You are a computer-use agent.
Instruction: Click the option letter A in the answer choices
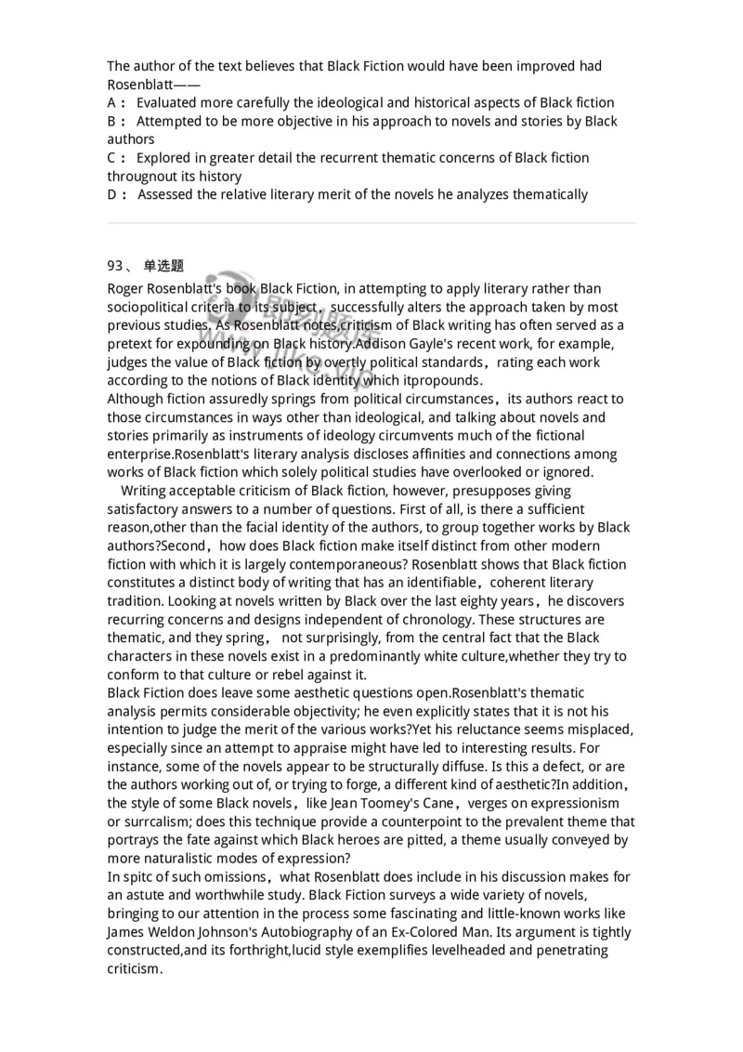(x=112, y=102)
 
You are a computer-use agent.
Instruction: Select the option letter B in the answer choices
(x=112, y=121)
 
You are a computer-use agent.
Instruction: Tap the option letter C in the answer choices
(x=112, y=158)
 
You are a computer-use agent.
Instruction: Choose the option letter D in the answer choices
(x=113, y=194)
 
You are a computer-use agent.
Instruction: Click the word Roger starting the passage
(x=127, y=288)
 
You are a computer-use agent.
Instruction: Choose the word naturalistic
(x=186, y=858)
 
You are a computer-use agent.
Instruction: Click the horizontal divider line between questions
(x=371, y=223)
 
